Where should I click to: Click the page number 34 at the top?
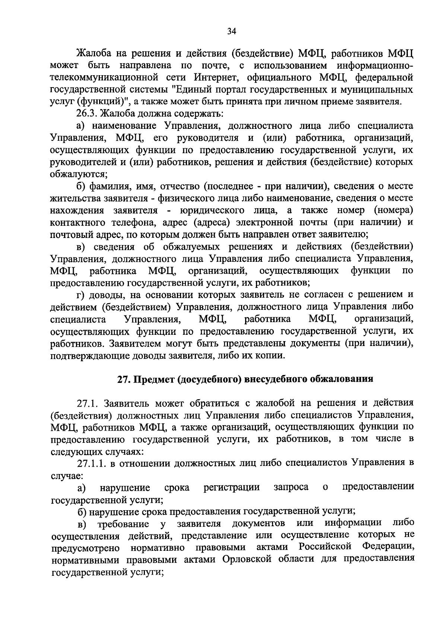tap(232, 31)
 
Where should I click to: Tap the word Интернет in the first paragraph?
tap(215, 78)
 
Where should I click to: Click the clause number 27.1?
tap(88, 403)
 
